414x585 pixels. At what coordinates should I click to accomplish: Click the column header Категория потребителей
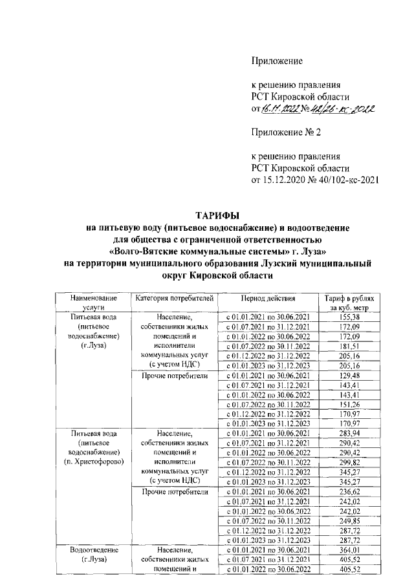pyautogui.click(x=173, y=298)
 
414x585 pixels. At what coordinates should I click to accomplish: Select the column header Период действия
pyautogui.click(x=268, y=298)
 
